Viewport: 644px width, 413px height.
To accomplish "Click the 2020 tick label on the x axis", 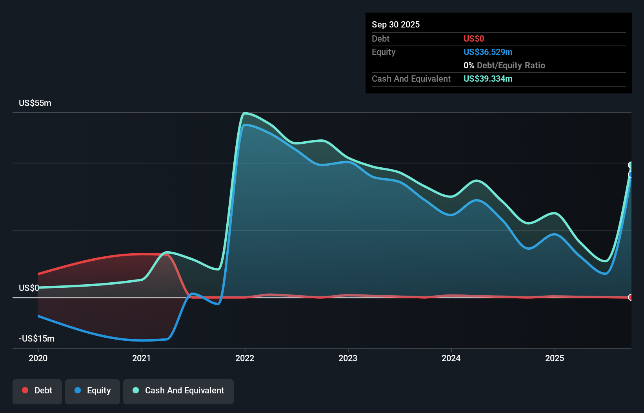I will pyautogui.click(x=38, y=358).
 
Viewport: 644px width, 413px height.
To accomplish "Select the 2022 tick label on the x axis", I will pyautogui.click(x=245, y=358).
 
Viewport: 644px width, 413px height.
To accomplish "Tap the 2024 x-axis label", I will pyautogui.click(x=451, y=358).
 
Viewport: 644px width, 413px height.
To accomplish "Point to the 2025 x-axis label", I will pyautogui.click(x=555, y=358).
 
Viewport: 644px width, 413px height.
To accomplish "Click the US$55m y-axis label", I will pyautogui.click(x=35, y=103).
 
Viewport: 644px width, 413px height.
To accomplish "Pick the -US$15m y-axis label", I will pyautogui.click(x=36, y=338).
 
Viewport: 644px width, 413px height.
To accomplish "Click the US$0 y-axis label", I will pyautogui.click(x=29, y=288).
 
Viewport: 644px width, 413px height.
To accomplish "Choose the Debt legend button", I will pyautogui.click(x=37, y=391).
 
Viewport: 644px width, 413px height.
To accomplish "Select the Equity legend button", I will pyautogui.click(x=93, y=391).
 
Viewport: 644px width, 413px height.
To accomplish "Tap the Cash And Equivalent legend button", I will pyautogui.click(x=178, y=391).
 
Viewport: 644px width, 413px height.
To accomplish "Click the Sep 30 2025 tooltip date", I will pyautogui.click(x=395, y=24).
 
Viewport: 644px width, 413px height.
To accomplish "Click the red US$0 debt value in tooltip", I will pyautogui.click(x=473, y=38).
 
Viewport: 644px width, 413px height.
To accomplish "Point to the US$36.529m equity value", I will pyautogui.click(x=488, y=52).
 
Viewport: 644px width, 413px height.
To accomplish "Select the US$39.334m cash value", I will pyautogui.click(x=488, y=79).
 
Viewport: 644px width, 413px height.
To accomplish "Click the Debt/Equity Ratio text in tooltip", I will pyautogui.click(x=510, y=65).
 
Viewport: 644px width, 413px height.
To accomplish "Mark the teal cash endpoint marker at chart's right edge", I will pyautogui.click(x=631, y=165).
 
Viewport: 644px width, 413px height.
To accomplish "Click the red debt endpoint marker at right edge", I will pyautogui.click(x=631, y=297).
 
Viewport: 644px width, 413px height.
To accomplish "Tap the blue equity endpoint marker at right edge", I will pyautogui.click(x=631, y=174).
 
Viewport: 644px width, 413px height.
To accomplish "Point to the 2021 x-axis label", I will pyautogui.click(x=141, y=358).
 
